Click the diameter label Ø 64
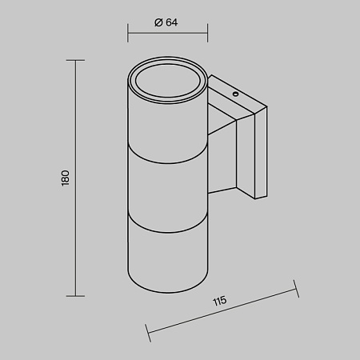coord(166,22)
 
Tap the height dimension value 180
coord(66,178)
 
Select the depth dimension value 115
coord(220,301)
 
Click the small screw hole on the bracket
coord(235,94)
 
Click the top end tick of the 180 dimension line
coord(75,61)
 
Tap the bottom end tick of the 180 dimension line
coord(75,296)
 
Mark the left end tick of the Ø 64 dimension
coord(128,33)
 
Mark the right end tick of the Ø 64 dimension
coord(207,33)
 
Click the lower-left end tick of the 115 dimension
coord(148,333)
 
